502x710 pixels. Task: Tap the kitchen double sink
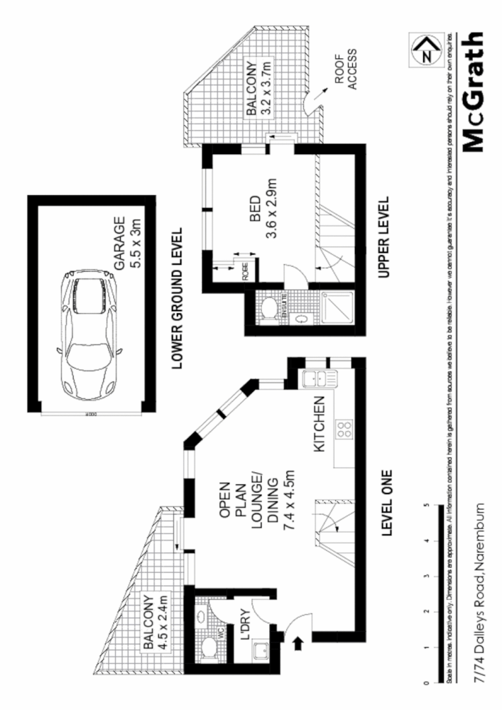(x=312, y=379)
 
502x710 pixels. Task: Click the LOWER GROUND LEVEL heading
(x=177, y=299)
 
